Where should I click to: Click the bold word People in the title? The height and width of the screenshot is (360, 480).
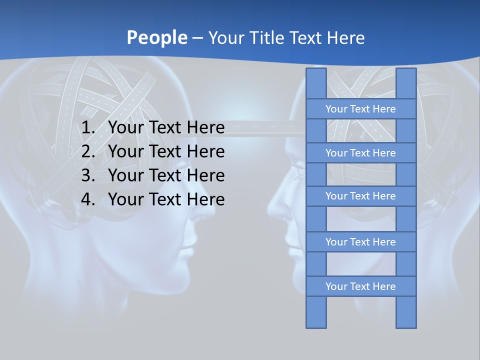156,37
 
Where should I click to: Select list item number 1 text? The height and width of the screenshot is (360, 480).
166,128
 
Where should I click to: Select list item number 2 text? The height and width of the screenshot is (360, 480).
166,151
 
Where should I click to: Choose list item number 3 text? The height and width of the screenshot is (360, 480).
166,175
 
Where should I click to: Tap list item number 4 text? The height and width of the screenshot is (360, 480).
166,199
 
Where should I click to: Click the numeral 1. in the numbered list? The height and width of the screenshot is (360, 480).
88,128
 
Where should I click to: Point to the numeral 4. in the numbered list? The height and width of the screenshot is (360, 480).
88,199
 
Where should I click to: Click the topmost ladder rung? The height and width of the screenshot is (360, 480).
360,109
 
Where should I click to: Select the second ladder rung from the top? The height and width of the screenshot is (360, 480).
360,153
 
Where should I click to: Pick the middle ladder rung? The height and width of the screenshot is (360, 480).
360,196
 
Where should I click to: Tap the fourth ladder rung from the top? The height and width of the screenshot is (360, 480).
360,242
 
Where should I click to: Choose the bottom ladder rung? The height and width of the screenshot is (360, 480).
360,286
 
